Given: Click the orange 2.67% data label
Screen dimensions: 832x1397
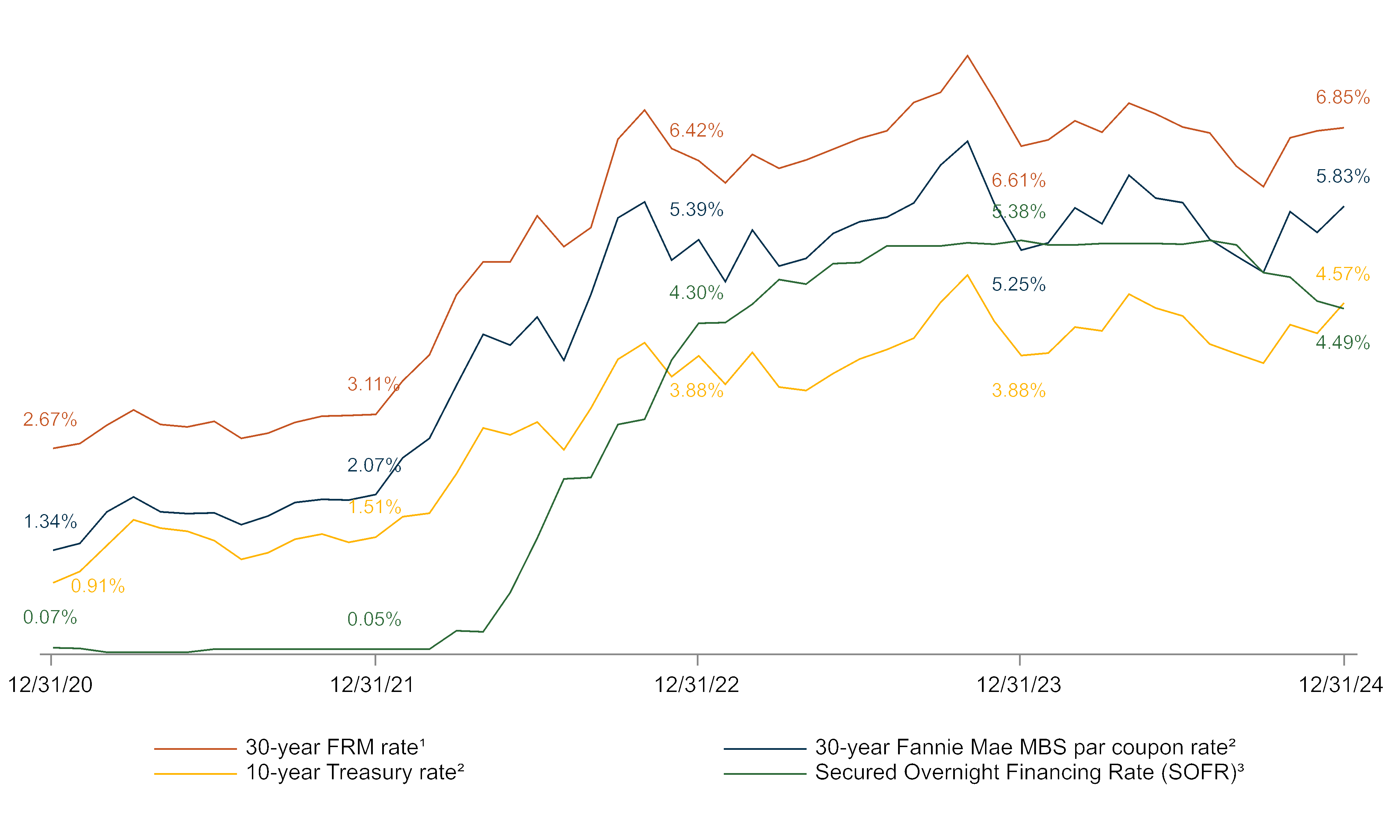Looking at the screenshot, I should coord(50,419).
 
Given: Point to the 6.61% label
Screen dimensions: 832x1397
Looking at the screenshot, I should coord(1018,181).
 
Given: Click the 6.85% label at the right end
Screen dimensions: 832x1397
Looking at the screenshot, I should coord(1343,97).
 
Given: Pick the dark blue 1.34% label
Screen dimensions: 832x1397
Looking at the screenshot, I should coord(50,521).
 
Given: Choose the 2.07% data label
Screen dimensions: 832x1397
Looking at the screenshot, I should coord(374,465).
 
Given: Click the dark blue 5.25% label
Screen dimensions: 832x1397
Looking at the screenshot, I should coord(1018,284).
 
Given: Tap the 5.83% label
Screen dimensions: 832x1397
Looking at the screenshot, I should coord(1343,176).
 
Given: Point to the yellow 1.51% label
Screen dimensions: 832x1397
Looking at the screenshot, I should coord(374,507).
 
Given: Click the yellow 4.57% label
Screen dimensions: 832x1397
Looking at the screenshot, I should coord(1343,274).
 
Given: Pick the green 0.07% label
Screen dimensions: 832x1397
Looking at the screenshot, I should coord(50,617).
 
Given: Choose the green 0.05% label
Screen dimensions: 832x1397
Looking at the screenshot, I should coord(374,619).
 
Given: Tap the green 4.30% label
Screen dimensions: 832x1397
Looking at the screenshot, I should coord(696,293).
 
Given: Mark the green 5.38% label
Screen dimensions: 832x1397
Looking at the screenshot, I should coord(1018,212).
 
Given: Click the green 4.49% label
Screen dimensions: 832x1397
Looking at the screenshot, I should coord(1343,343).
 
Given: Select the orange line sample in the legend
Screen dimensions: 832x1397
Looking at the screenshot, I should coord(195,748).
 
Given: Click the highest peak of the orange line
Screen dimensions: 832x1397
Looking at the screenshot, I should coord(967,55).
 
